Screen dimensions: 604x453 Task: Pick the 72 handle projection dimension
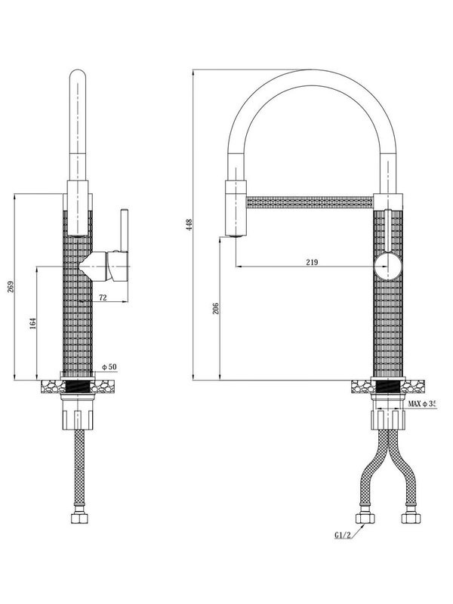pos(102,297)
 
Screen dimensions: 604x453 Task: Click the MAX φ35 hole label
pos(423,405)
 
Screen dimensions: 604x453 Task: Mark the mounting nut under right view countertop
pos(388,416)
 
